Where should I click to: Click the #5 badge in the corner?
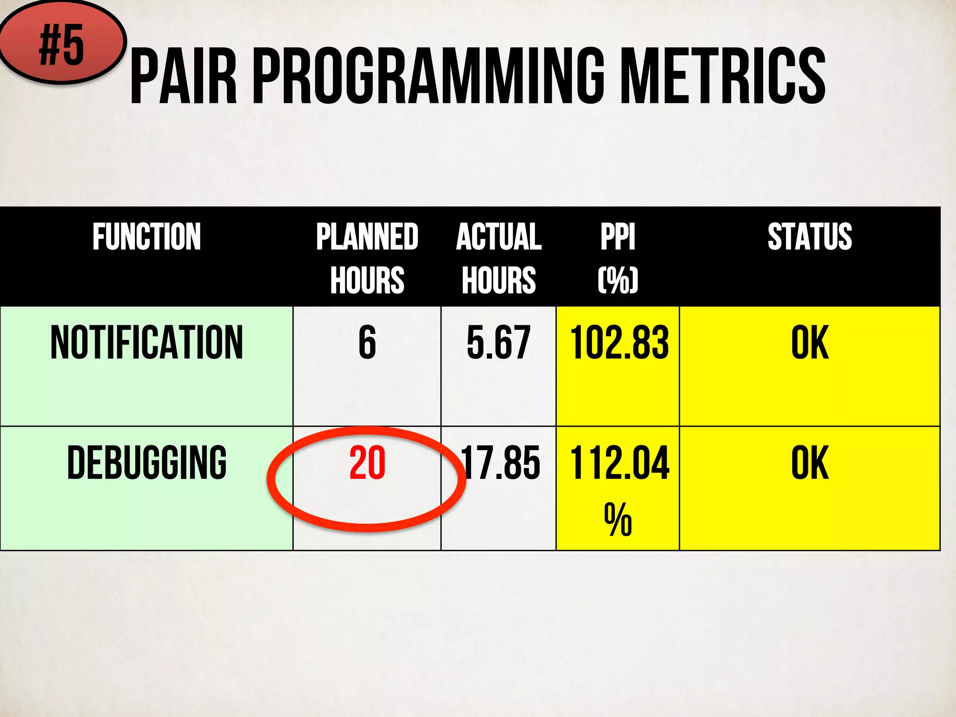(62, 45)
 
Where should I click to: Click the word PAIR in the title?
(183, 77)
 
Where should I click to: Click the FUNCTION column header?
(147, 237)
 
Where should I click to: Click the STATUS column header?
(810, 237)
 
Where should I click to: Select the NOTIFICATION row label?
(147, 343)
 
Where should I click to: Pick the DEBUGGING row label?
(147, 463)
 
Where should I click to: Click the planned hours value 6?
(367, 343)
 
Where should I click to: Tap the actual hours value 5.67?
(499, 343)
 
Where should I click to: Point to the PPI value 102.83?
(619, 343)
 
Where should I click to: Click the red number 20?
(367, 463)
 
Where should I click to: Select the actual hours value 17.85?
(500, 463)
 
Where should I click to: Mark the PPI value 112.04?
(619, 463)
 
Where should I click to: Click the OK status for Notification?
(810, 343)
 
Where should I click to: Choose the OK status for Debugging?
(810, 463)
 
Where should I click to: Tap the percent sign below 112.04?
(618, 519)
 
